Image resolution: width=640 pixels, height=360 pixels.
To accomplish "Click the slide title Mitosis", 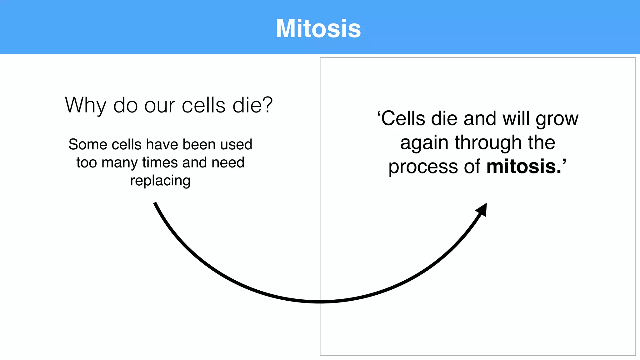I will [318, 29].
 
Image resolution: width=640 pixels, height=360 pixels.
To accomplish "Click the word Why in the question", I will [85, 105].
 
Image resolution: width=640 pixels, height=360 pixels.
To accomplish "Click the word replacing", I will [160, 181].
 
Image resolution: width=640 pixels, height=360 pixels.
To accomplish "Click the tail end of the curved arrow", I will [155, 204].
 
